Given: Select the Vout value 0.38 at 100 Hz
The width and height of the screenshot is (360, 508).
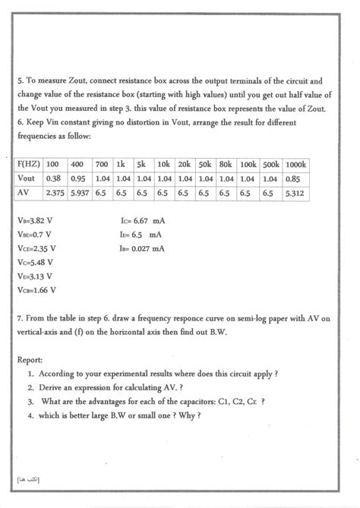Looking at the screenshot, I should [x=54, y=178].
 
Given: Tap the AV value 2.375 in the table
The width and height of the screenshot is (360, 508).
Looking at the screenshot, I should [x=56, y=193].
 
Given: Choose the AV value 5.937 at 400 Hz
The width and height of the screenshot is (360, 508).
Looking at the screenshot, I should [x=79, y=193].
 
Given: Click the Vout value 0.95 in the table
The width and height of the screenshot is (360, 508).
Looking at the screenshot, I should [x=77, y=178].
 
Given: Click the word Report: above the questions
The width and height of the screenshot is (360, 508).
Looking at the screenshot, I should [x=30, y=361].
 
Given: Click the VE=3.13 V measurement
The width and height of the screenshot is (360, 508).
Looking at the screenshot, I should [x=36, y=276].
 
